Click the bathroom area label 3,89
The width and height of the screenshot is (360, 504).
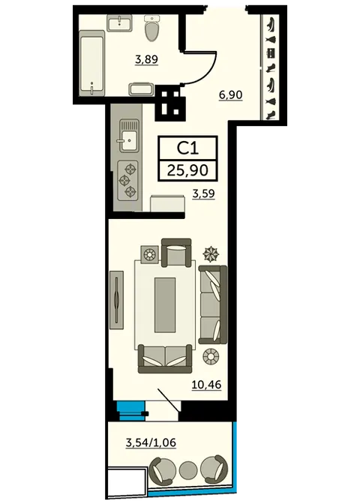147,60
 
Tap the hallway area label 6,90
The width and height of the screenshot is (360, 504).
230,95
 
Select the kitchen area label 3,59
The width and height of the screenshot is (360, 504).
203,193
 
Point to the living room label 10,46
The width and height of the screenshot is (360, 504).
207,384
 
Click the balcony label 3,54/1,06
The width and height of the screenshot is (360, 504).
151,442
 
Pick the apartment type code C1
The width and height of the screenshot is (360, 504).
188,148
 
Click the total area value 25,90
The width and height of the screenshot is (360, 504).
187,170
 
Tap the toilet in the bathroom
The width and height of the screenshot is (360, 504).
153,28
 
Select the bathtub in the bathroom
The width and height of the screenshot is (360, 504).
92,63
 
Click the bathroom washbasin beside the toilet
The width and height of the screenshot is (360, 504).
119,23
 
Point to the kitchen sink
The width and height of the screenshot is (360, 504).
130,135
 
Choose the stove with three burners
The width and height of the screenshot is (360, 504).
128,181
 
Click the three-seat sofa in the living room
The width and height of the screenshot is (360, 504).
213,304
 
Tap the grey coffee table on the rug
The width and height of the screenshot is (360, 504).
165,305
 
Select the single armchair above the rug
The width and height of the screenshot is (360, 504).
176,252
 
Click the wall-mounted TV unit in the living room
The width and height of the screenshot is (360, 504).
116,299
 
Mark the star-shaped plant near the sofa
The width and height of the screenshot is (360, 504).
211,254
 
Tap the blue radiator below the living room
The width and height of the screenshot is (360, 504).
130,411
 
